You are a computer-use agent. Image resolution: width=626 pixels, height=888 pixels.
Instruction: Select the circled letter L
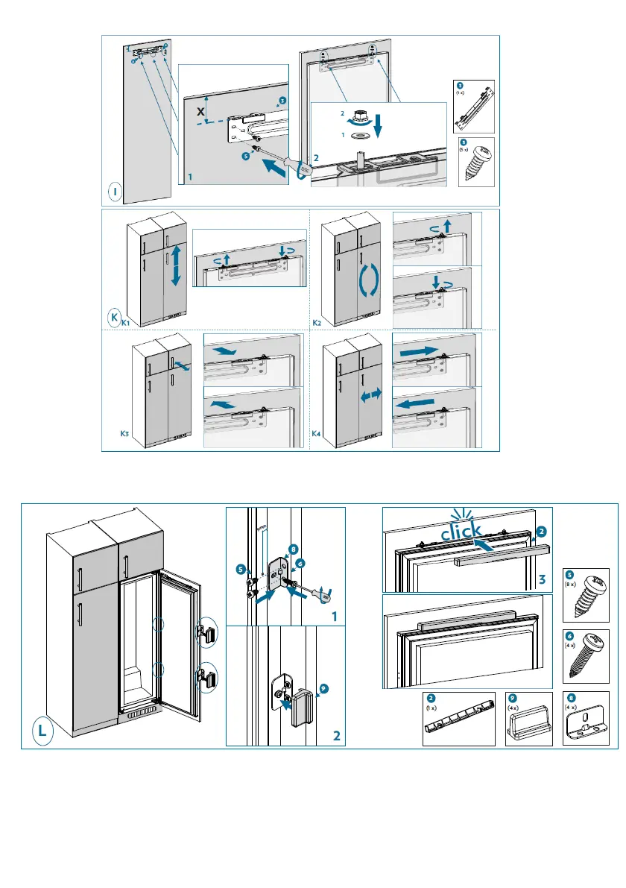[43, 731]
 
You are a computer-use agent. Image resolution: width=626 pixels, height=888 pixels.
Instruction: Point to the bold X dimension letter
[200, 111]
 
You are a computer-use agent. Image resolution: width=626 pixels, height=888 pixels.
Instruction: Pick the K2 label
[318, 323]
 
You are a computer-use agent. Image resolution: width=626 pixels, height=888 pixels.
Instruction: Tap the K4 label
[318, 432]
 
